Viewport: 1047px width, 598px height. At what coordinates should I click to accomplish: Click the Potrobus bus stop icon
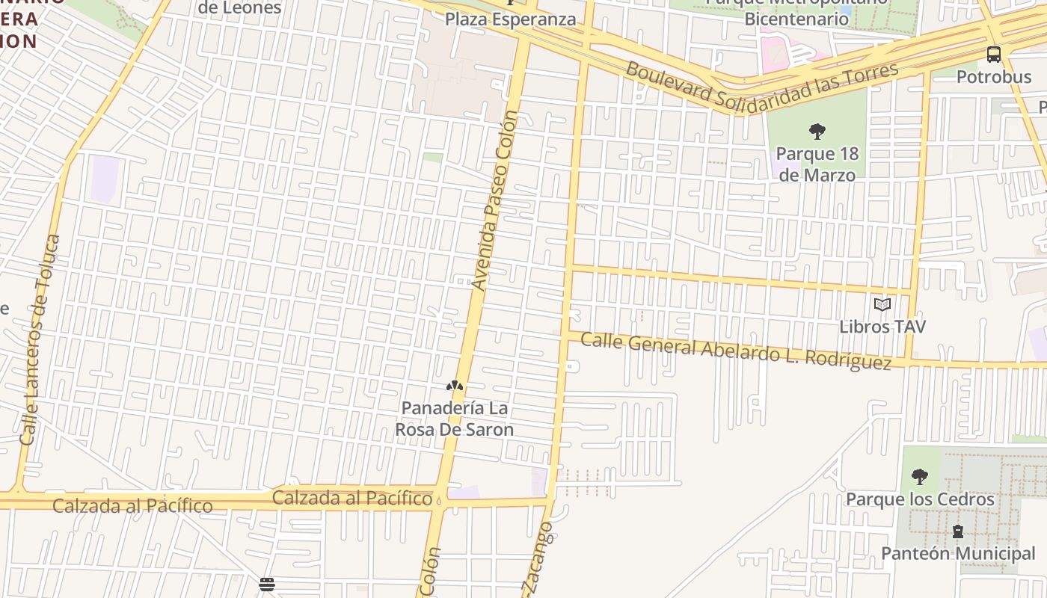point(993,55)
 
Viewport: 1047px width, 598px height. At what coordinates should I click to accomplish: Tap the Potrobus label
point(994,77)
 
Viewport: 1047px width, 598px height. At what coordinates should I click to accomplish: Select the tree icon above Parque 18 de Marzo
point(817,132)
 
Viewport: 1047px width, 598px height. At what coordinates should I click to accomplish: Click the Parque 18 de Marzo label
point(817,164)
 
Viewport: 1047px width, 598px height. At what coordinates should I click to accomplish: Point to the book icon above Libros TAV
point(882,305)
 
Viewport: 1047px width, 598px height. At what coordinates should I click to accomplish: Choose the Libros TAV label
point(882,327)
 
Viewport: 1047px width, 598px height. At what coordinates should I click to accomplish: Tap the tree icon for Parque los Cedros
point(920,477)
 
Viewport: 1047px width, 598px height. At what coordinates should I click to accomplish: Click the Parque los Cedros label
point(920,499)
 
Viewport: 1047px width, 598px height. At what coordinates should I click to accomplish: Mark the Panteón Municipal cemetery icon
point(957,531)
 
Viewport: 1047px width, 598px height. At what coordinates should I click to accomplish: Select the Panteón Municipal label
point(958,554)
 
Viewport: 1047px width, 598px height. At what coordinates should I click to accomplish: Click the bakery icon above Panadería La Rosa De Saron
point(454,386)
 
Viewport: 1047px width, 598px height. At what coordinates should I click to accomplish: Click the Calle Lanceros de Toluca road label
point(40,339)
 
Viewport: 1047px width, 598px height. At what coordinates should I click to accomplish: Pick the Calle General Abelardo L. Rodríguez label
point(736,351)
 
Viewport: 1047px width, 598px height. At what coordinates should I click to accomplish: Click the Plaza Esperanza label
point(511,19)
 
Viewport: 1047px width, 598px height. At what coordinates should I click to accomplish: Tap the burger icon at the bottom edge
point(267,585)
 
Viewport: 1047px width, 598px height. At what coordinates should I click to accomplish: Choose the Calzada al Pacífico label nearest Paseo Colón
point(352,498)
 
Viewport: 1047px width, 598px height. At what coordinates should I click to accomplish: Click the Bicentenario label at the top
point(796,19)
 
